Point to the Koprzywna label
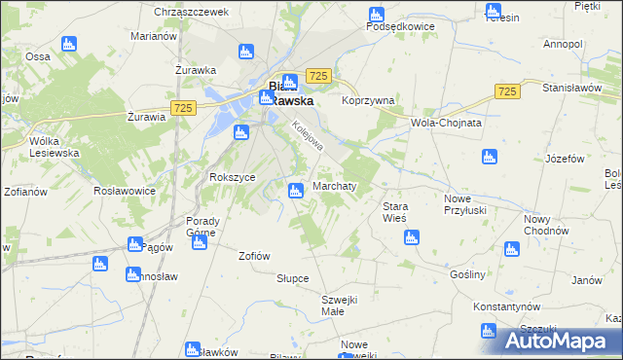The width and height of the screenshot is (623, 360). (x=367, y=100)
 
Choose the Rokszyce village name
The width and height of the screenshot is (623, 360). (x=233, y=177)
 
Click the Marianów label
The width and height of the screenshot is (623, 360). (x=153, y=36)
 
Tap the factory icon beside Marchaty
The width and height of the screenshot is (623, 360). (x=297, y=191)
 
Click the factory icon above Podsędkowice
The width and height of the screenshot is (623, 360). (x=377, y=14)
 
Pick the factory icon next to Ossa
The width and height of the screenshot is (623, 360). (x=68, y=44)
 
